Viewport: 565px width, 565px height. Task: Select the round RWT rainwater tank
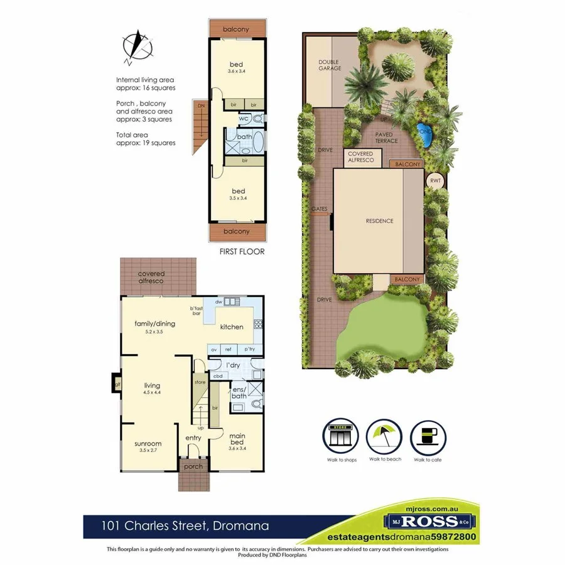[x=434, y=181]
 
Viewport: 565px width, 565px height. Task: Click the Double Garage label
[x=330, y=65]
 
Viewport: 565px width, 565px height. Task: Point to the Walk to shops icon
[x=342, y=435]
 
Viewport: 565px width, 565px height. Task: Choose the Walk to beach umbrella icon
[x=385, y=435]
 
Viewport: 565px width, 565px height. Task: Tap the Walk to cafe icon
[x=429, y=435]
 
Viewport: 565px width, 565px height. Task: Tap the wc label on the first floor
[x=243, y=117]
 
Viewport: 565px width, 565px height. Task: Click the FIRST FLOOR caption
[x=242, y=251]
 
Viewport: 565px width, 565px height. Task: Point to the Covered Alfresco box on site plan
[x=361, y=157]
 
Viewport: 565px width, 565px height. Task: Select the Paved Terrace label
[x=386, y=137]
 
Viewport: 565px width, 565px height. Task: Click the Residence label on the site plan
[x=379, y=221]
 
